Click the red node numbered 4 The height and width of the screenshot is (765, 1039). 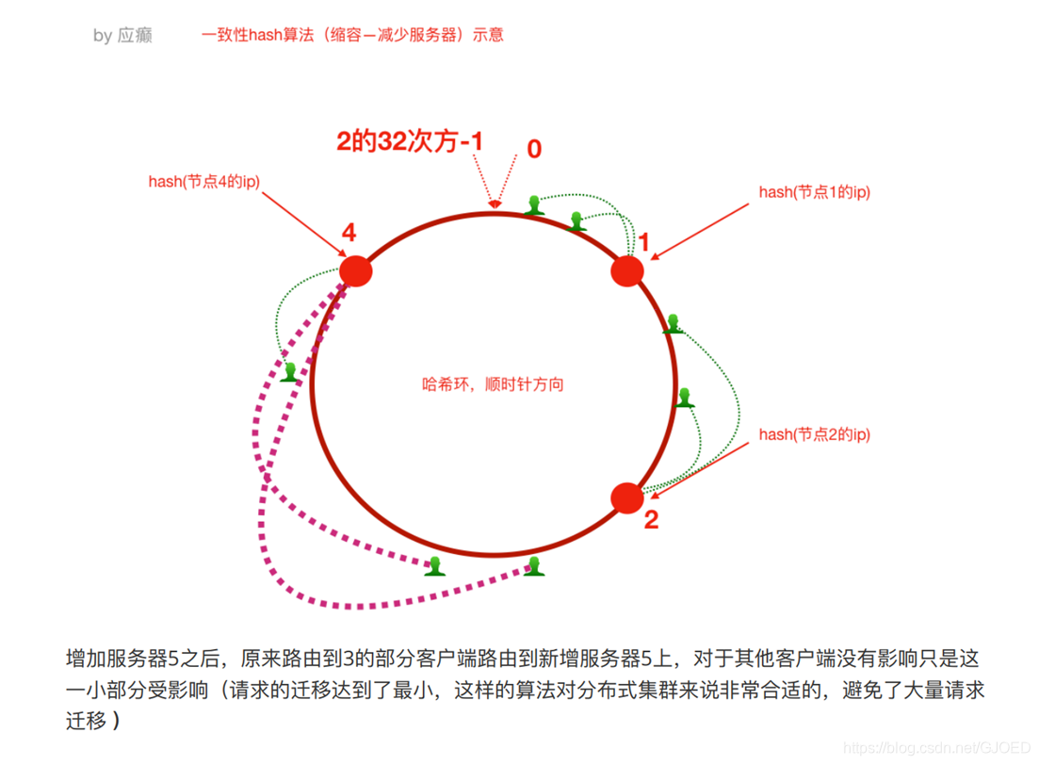point(355,271)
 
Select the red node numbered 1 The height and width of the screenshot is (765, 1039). point(627,271)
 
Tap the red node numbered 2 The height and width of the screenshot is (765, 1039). point(627,497)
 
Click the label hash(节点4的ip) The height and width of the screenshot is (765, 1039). point(203,182)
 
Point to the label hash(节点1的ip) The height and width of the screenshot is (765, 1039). point(814,192)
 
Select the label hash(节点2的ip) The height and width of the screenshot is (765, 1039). point(814,434)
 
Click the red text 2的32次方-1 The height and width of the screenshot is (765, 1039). point(410,142)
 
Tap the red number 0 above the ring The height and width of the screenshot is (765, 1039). point(534,149)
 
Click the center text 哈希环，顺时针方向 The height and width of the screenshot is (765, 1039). point(493,384)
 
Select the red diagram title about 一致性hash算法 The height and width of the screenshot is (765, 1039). point(352,35)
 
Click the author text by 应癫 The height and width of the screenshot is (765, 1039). point(122,36)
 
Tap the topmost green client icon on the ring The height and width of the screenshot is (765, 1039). point(535,205)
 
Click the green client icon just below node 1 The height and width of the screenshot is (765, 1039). point(673,324)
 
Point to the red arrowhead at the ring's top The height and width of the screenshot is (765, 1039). point(493,201)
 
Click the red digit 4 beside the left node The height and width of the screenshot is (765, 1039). point(349,232)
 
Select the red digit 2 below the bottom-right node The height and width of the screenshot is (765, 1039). point(651,520)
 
